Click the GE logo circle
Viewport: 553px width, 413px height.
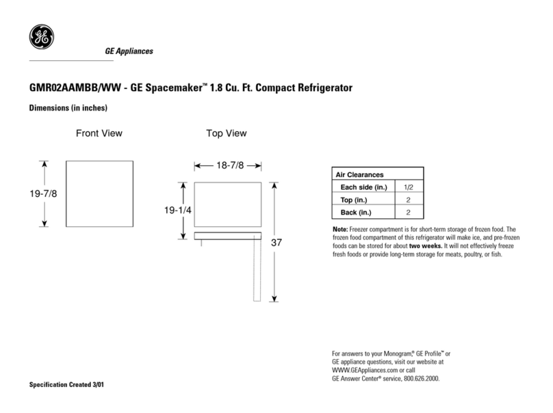tap(39, 38)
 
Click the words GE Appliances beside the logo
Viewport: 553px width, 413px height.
tap(129, 52)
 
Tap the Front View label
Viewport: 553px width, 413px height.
tap(99, 133)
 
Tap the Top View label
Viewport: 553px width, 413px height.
tap(227, 133)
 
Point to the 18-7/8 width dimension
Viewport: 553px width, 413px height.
tap(229, 165)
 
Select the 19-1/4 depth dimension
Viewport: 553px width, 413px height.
tap(177, 211)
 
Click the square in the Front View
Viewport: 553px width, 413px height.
tap(99, 194)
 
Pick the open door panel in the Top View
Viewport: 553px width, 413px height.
tap(257, 270)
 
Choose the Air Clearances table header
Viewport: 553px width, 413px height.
tap(359, 175)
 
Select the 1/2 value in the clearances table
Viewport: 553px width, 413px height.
tap(409, 187)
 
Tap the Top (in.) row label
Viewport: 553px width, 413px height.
tap(355, 200)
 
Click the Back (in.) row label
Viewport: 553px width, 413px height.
tap(357, 212)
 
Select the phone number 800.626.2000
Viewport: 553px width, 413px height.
tap(418, 377)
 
